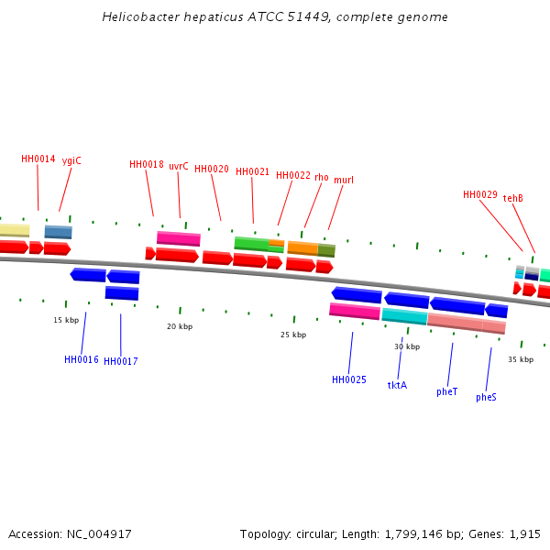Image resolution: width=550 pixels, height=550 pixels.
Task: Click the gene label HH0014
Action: pos(38,159)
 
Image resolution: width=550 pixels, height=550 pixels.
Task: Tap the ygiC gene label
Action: pos(71,160)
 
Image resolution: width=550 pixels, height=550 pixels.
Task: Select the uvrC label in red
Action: pos(179,166)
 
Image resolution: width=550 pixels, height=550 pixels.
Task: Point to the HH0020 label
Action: pos(212,169)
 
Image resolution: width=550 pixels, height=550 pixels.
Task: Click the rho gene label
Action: pos(322,177)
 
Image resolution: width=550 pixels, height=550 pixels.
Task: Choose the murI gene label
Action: pos(344,180)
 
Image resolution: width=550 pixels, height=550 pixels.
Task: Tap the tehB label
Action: pos(513,198)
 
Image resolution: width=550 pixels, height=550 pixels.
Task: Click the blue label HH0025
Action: pos(349,379)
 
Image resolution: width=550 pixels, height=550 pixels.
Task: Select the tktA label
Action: pos(397,385)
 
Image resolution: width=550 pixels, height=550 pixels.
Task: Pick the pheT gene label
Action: pos(447,391)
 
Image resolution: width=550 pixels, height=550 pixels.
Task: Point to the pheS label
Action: pos(486,397)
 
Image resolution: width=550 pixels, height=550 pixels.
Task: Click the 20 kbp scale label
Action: pos(180,325)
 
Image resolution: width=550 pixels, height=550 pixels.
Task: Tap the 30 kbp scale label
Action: pos(407,346)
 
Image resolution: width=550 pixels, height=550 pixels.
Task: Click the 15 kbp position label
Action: pos(66,320)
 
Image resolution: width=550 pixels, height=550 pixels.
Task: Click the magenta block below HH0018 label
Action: pos(179,238)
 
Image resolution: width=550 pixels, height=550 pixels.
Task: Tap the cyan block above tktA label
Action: pos(404,316)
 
